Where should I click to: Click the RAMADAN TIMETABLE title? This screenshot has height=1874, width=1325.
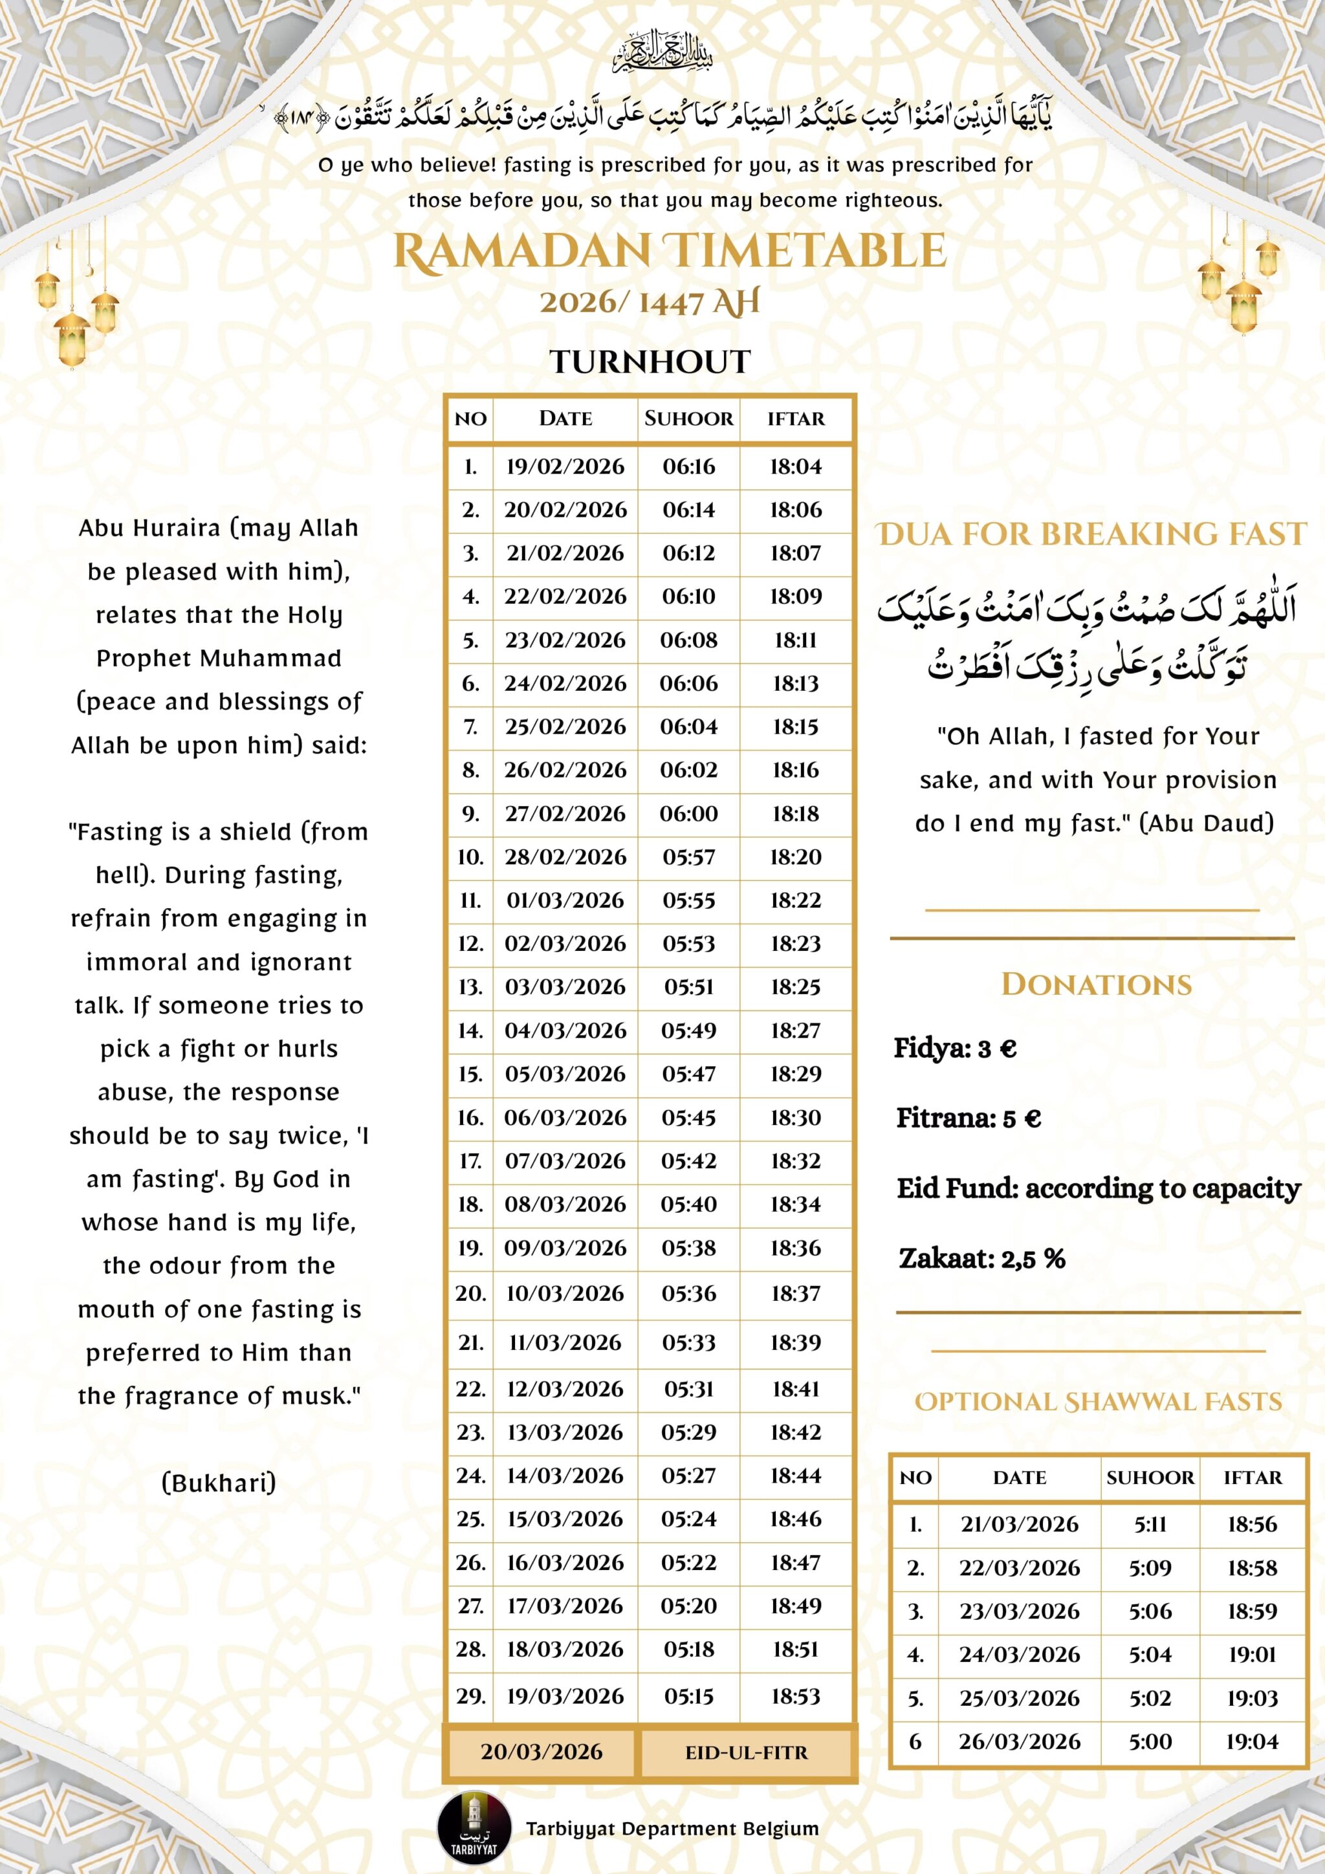coord(670,252)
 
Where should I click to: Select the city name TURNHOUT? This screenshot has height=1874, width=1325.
coord(650,362)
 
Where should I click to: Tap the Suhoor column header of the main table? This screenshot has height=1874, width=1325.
coord(688,419)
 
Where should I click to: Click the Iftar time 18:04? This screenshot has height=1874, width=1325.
coord(796,467)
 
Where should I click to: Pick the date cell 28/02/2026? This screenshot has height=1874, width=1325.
coord(565,857)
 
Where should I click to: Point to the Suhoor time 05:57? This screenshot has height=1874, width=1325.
coord(688,857)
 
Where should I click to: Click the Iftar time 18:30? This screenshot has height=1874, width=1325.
coord(796,1117)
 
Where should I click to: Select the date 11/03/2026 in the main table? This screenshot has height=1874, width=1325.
coord(565,1343)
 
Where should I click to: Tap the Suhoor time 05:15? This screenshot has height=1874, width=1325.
coord(688,1696)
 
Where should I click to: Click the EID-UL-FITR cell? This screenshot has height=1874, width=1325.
coord(746,1752)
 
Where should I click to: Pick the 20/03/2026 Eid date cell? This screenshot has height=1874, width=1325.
coord(542,1752)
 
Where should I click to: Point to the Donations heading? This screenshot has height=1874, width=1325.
coord(1097,985)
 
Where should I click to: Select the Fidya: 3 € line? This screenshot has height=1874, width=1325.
coord(955,1048)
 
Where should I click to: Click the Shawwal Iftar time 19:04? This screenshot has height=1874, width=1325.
coord(1251,1742)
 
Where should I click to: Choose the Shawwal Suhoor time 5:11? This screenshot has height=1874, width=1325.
coord(1150,1525)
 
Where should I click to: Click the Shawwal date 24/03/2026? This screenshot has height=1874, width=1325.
coord(1019,1655)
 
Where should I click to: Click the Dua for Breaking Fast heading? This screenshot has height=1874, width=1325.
coord(1091,534)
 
